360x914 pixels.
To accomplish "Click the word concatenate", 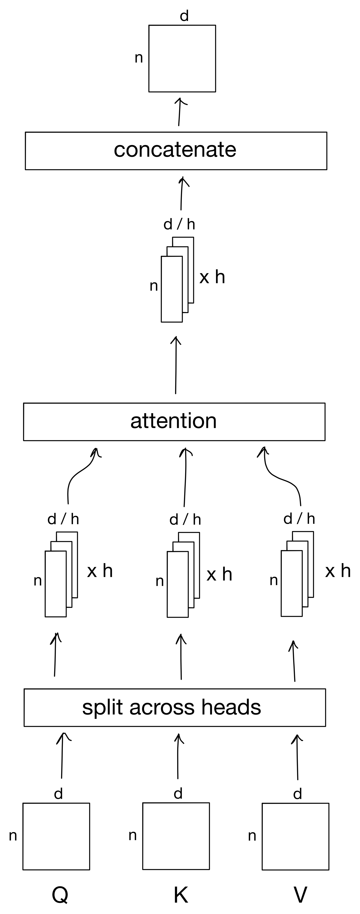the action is (175, 150).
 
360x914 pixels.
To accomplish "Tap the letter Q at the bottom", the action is (60, 895).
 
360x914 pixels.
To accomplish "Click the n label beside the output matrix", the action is (139, 58).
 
